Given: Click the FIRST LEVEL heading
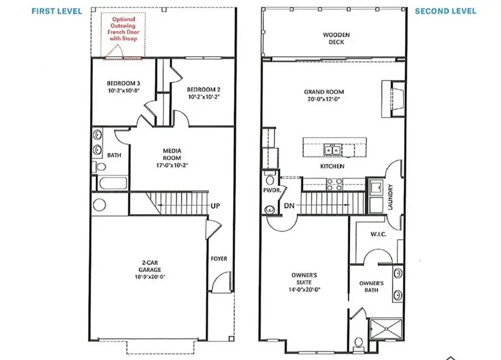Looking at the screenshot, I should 57,11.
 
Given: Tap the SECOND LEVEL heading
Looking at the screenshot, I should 445,11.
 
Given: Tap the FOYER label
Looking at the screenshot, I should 218,258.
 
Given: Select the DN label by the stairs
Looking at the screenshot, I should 289,205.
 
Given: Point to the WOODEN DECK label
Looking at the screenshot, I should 337,38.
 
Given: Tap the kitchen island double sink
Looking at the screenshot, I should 333,150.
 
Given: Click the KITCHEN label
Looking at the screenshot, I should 332,166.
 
